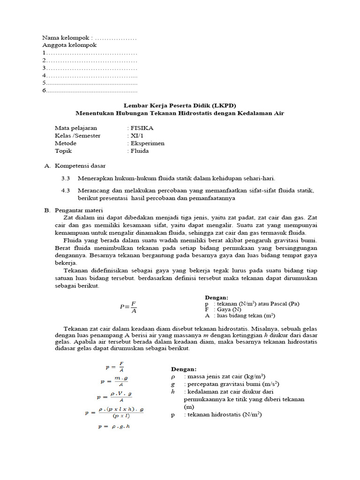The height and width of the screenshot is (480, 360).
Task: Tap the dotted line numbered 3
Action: pos(92,67)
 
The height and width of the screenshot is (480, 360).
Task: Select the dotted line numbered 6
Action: pos(92,90)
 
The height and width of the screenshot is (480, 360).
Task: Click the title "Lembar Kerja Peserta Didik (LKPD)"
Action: pos(180,105)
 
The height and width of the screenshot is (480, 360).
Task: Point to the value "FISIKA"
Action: pos(142,127)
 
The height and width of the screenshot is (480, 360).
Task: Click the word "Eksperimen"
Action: pos(148,143)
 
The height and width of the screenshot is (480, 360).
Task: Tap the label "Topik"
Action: pos(63,150)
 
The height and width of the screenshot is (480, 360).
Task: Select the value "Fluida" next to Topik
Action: pos(140,150)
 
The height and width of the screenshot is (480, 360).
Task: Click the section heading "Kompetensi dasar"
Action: pos(80,165)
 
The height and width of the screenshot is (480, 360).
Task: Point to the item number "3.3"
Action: pos(66,178)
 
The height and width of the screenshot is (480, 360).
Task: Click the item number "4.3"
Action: pos(66,190)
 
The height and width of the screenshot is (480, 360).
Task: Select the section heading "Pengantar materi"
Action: pos(79,210)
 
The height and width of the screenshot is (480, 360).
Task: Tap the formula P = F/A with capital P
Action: pos(128,307)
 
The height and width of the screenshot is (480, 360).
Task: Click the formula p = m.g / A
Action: pos(114,381)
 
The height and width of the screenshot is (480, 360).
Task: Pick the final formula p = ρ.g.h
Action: pos(114,427)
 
